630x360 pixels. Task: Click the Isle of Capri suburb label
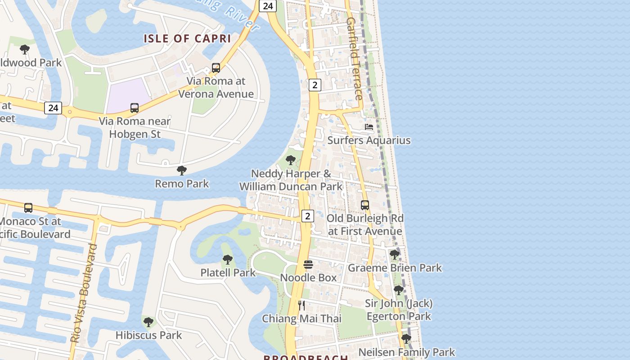(x=187, y=39)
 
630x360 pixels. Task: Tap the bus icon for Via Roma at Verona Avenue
(x=216, y=68)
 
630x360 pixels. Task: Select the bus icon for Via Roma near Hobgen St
(x=135, y=108)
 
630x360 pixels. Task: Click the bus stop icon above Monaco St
(x=28, y=208)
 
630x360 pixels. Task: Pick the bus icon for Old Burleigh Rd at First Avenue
(x=365, y=205)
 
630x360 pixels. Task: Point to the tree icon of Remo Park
(x=182, y=171)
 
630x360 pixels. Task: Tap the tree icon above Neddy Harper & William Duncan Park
(x=291, y=160)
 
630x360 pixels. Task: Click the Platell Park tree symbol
(x=228, y=260)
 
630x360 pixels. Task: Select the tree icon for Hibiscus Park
(x=148, y=322)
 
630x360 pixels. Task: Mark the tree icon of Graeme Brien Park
(x=395, y=255)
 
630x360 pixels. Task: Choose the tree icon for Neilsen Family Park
(x=406, y=339)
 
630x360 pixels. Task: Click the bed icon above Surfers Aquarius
(x=369, y=127)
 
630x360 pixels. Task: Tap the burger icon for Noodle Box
(x=308, y=265)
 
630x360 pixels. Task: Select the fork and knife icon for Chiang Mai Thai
(x=302, y=306)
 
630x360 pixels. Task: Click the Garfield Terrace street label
(x=355, y=58)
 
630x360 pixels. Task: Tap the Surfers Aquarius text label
(x=369, y=140)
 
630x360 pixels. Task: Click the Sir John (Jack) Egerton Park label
(x=399, y=310)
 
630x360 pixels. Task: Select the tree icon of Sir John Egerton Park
(x=398, y=290)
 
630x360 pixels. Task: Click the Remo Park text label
(x=182, y=184)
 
